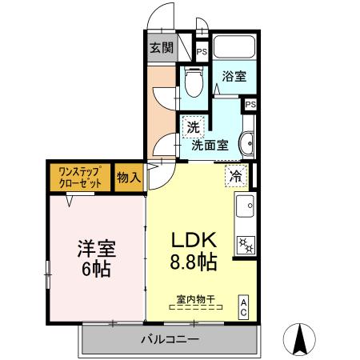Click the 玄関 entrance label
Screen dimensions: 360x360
[x=161, y=47]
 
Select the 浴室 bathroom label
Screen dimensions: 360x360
[x=234, y=76]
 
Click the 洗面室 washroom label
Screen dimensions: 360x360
[x=210, y=146]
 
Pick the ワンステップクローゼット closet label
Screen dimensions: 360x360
[x=81, y=177]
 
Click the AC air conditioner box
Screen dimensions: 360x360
[x=243, y=308]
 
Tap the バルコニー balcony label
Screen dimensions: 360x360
[x=170, y=339]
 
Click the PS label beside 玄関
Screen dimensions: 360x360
[x=201, y=50]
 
